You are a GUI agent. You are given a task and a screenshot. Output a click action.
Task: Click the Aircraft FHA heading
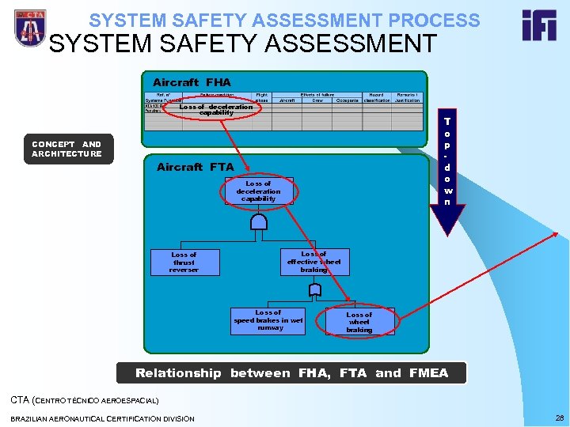[x=192, y=82]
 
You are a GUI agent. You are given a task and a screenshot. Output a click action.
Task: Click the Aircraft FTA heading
[x=195, y=167]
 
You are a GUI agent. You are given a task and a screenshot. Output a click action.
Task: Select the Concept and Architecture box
[x=66, y=149]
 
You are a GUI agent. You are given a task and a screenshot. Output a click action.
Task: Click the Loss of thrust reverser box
[x=184, y=263]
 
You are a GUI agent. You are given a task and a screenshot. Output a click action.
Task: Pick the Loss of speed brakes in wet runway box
[x=269, y=320]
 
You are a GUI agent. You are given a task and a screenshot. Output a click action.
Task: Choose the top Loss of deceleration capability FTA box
[x=258, y=191]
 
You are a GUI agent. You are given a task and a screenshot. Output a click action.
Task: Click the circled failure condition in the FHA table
[x=216, y=109]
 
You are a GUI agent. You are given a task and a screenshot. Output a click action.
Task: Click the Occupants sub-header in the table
[x=347, y=100]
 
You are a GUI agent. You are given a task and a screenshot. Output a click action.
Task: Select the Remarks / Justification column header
[x=408, y=97]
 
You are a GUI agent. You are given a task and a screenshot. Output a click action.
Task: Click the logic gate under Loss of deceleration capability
[x=258, y=221]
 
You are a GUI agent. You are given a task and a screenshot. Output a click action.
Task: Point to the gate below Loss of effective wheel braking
[x=314, y=290]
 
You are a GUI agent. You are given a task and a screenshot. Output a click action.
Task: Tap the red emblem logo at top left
[x=29, y=28]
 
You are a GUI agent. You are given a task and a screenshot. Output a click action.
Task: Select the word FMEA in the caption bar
[x=427, y=373]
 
